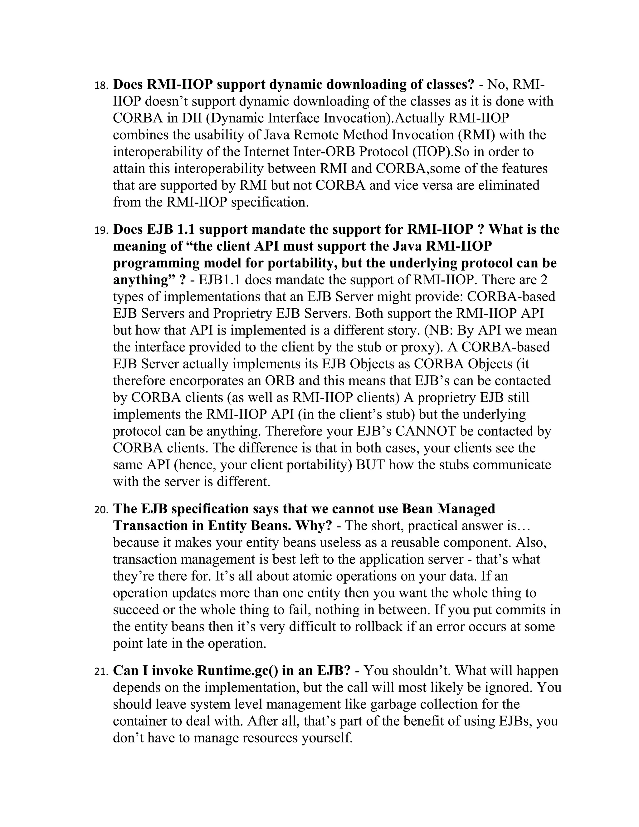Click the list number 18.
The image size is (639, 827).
pyautogui.click(x=101, y=86)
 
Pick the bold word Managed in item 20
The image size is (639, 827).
pyautogui.click(x=466, y=509)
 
